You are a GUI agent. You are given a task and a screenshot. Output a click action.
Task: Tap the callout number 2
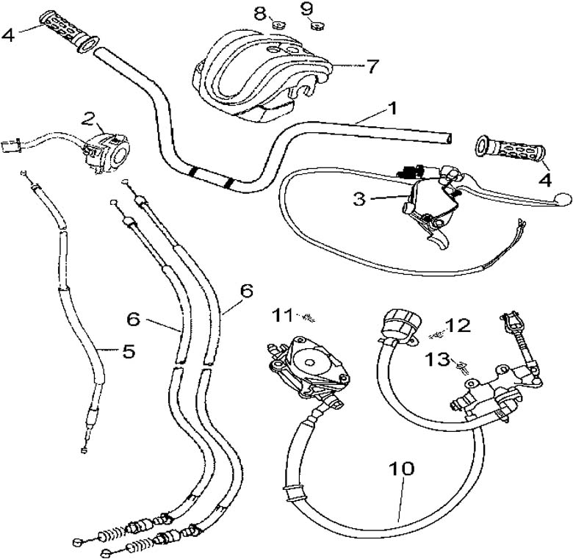[89, 118]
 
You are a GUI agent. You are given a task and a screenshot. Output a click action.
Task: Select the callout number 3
[358, 198]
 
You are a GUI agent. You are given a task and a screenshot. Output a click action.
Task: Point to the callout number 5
[129, 352]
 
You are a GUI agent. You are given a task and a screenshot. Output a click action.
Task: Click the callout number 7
[372, 67]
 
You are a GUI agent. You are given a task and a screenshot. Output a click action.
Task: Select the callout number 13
[439, 358]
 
